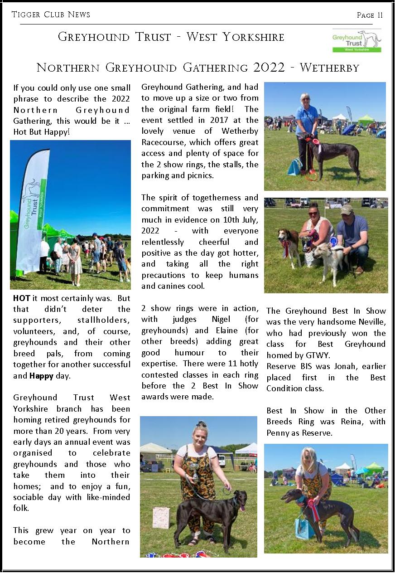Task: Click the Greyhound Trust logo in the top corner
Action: pyautogui.click(x=356, y=41)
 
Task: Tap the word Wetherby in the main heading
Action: pyautogui.click(x=329, y=68)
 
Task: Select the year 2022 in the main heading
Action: pyautogui.click(x=270, y=68)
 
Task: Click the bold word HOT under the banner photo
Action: pyautogui.click(x=22, y=298)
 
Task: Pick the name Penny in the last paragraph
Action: pyautogui.click(x=278, y=433)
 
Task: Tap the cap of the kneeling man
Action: pyautogui.click(x=347, y=209)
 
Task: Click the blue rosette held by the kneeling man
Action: pyautogui.click(x=334, y=241)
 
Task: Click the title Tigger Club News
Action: pyautogui.click(x=51, y=15)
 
